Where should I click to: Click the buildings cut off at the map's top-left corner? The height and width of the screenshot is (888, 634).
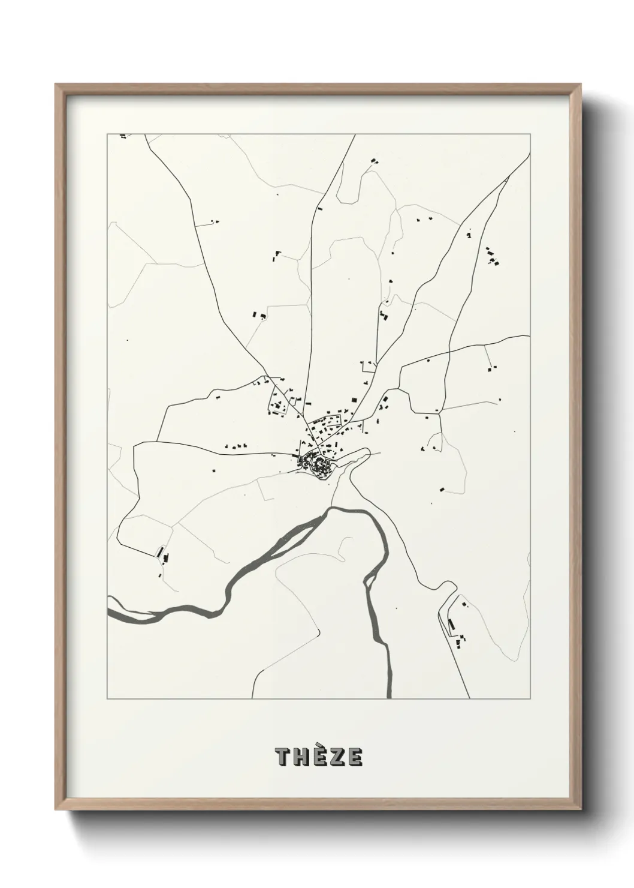pos(123,137)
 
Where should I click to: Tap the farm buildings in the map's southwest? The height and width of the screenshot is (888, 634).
pos(162,556)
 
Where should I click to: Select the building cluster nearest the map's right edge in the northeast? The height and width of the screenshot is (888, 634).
pos(492,256)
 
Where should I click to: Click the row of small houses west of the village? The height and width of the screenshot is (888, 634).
pos(236,446)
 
